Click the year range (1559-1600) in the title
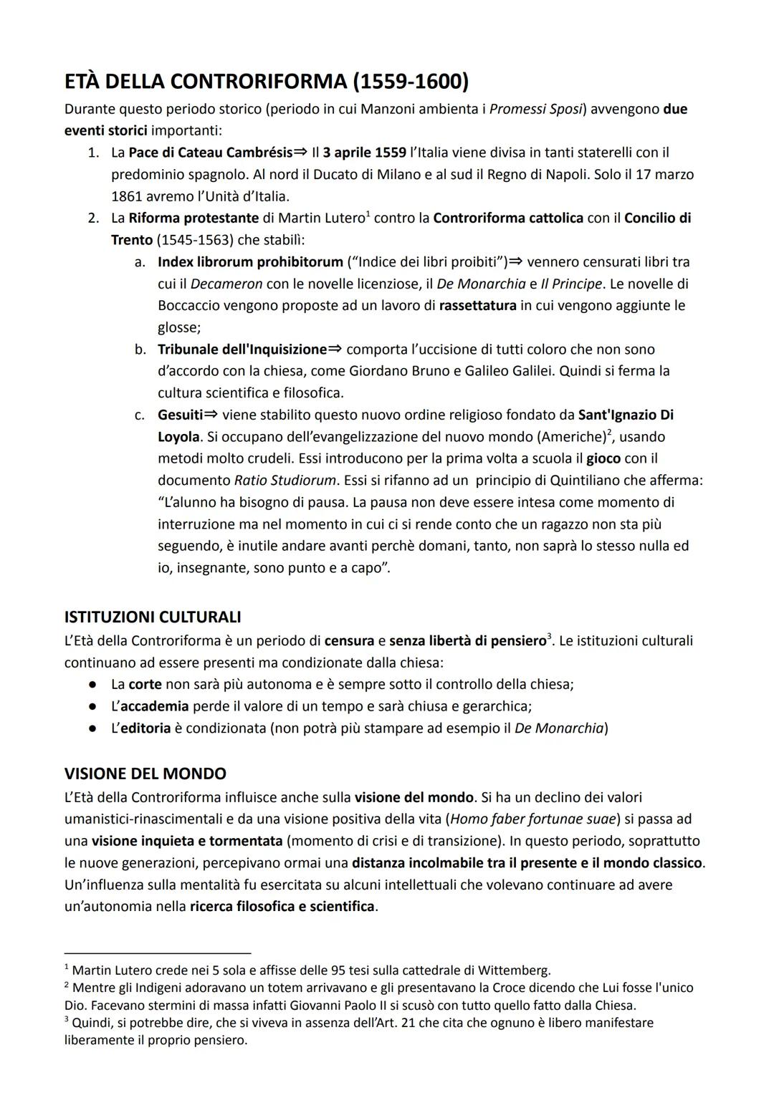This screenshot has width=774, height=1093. click(411, 82)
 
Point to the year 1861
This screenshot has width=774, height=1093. click(126, 196)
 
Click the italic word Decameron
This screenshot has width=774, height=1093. click(226, 284)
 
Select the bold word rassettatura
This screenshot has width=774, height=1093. click(478, 305)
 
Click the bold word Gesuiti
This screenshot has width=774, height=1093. click(180, 415)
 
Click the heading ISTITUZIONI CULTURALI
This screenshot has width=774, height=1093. click(153, 617)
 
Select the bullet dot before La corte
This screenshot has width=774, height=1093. click(93, 684)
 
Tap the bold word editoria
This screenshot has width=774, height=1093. click(145, 728)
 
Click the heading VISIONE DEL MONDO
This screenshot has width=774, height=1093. click(145, 774)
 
